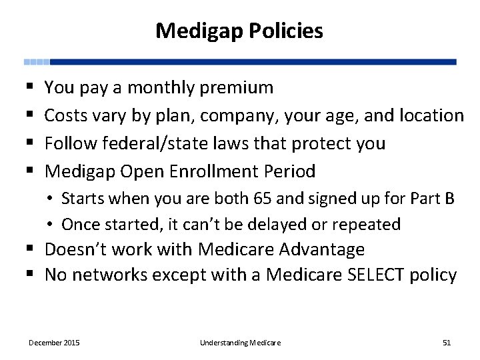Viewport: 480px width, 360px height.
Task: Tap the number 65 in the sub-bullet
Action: pyautogui.click(x=261, y=199)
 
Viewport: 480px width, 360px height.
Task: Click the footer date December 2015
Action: pyautogui.click(x=54, y=343)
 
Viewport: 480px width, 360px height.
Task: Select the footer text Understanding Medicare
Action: pyautogui.click(x=240, y=343)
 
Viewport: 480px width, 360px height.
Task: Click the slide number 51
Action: pyautogui.click(x=447, y=343)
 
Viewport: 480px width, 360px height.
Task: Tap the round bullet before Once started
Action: pyautogui.click(x=51, y=225)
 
